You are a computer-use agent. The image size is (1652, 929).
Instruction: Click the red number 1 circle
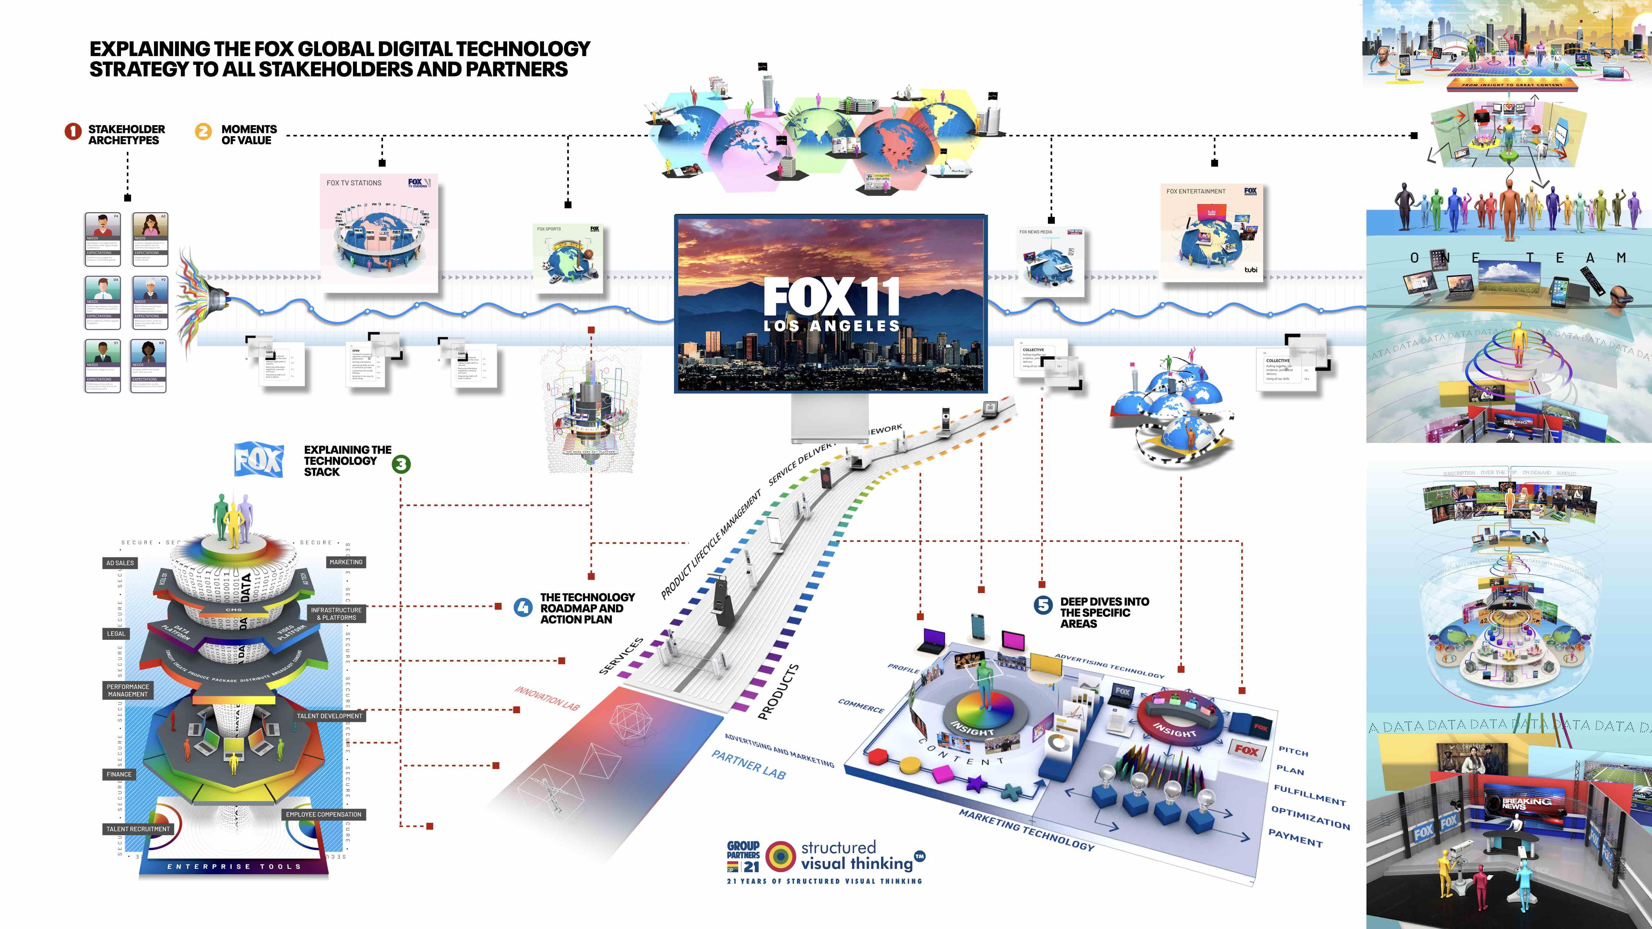point(73,131)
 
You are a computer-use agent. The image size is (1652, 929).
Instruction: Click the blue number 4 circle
point(523,607)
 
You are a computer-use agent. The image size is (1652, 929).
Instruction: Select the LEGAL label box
point(116,634)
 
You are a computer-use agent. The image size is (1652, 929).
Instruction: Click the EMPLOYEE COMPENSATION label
point(324,814)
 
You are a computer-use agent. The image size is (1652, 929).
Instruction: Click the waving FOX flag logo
point(258,460)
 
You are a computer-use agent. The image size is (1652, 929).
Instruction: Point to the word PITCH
point(1293,751)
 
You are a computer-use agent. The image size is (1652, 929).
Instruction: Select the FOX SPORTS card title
point(549,229)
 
